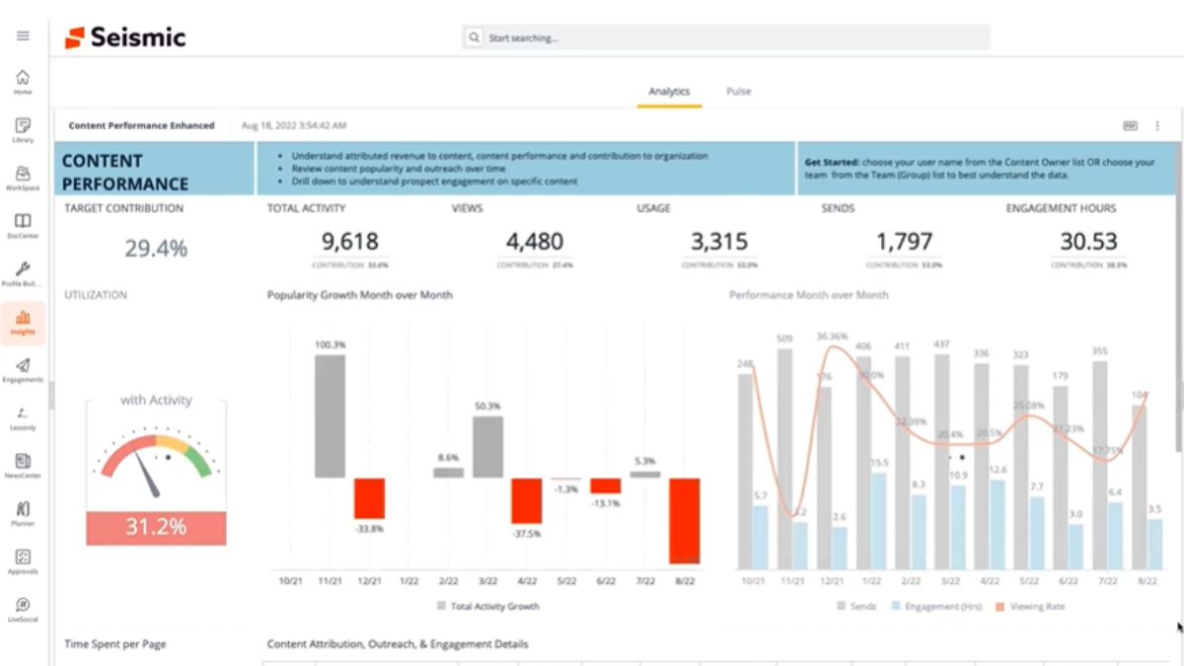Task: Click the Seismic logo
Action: point(125,37)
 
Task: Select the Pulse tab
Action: point(738,92)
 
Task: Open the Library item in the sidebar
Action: point(23,130)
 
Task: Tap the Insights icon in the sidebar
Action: point(23,323)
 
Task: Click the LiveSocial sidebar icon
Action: point(23,609)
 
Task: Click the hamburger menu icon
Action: point(23,36)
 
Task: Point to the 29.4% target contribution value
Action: point(156,249)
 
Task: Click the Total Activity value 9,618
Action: point(350,242)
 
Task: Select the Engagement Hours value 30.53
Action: point(1088,242)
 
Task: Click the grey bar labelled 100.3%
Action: point(330,416)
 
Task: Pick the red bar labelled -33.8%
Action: point(369,498)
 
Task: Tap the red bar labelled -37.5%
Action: point(526,501)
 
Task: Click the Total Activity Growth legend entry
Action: point(489,606)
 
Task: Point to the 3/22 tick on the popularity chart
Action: point(486,581)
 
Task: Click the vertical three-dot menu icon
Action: point(1157,126)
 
